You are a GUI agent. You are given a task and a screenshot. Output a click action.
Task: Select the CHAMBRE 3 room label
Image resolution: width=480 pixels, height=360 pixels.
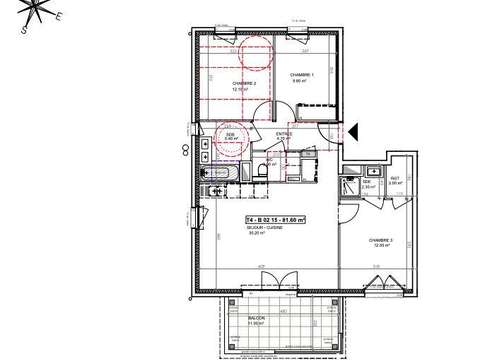click(x=381, y=240)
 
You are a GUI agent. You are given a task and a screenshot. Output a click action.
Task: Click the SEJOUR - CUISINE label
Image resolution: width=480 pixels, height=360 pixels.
click(x=266, y=228)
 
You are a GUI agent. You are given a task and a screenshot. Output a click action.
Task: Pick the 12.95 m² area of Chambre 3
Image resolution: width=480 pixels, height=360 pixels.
click(x=381, y=246)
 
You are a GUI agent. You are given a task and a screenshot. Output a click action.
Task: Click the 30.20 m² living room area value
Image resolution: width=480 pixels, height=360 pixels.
click(x=266, y=234)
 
